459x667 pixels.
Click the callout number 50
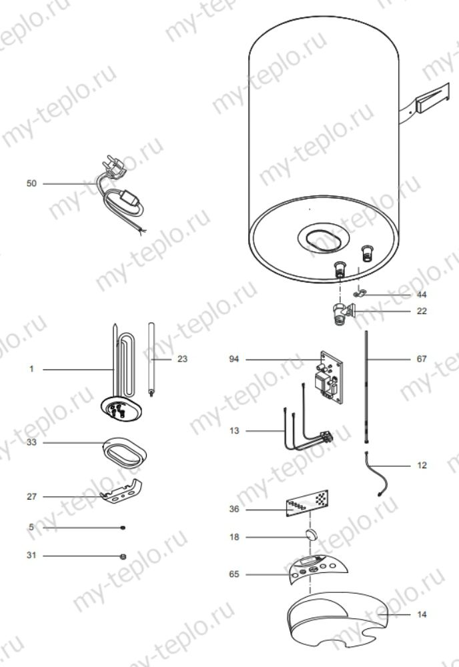[x=31, y=183]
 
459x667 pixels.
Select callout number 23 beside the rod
[x=183, y=359]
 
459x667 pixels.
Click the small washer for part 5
[x=123, y=528]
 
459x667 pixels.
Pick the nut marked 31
[x=123, y=556]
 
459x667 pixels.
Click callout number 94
[x=233, y=359]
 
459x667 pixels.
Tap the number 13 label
[x=233, y=431]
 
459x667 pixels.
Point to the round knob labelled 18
[x=310, y=536]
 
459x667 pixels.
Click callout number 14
[x=421, y=614]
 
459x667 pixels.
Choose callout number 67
[x=421, y=359]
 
